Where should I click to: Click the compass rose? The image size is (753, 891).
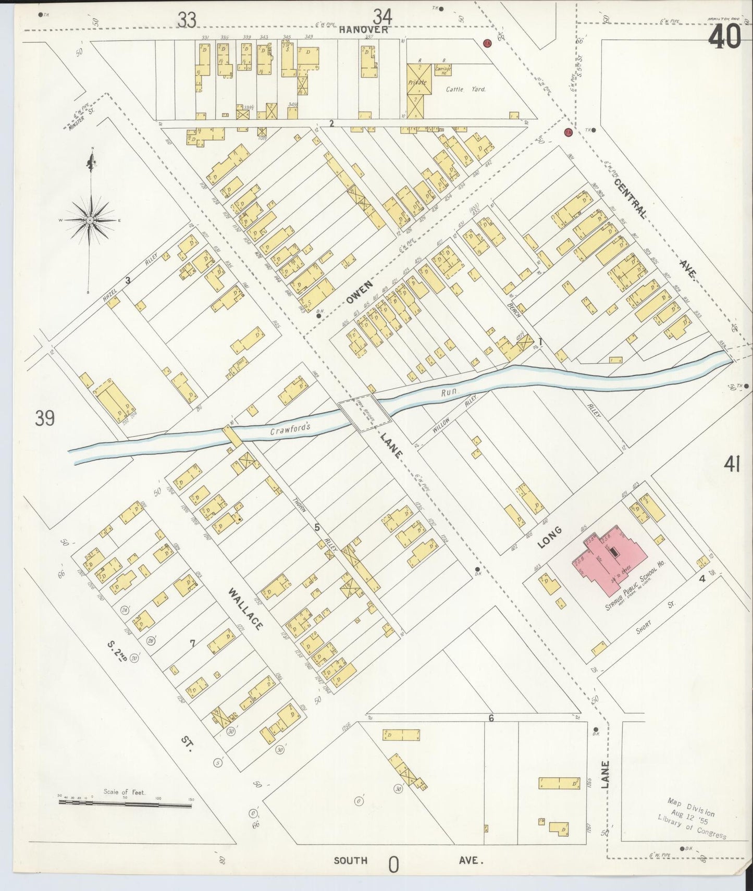pos(91,220)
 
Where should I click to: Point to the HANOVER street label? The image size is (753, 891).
pos(363,30)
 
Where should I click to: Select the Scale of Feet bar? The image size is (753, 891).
pos(125,803)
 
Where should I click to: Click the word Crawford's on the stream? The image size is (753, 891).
pos(290,429)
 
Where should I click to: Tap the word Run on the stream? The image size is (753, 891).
pos(449,394)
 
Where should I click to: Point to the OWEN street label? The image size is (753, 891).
pos(360,292)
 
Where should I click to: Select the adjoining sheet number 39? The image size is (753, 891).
pos(45,418)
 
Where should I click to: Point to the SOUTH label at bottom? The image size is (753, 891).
pos(351,860)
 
